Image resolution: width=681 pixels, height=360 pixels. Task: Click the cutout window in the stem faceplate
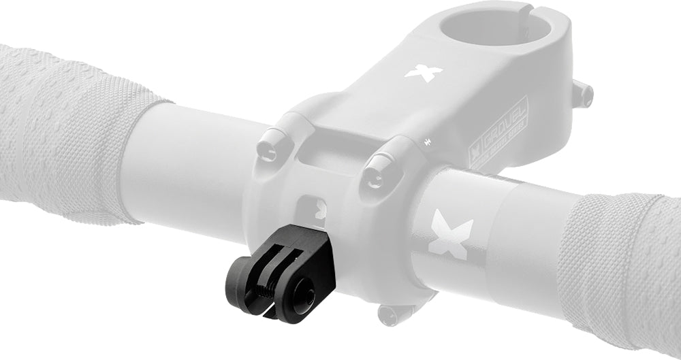coord(313,208)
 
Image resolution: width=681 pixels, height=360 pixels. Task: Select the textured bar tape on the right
coord(620,259)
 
